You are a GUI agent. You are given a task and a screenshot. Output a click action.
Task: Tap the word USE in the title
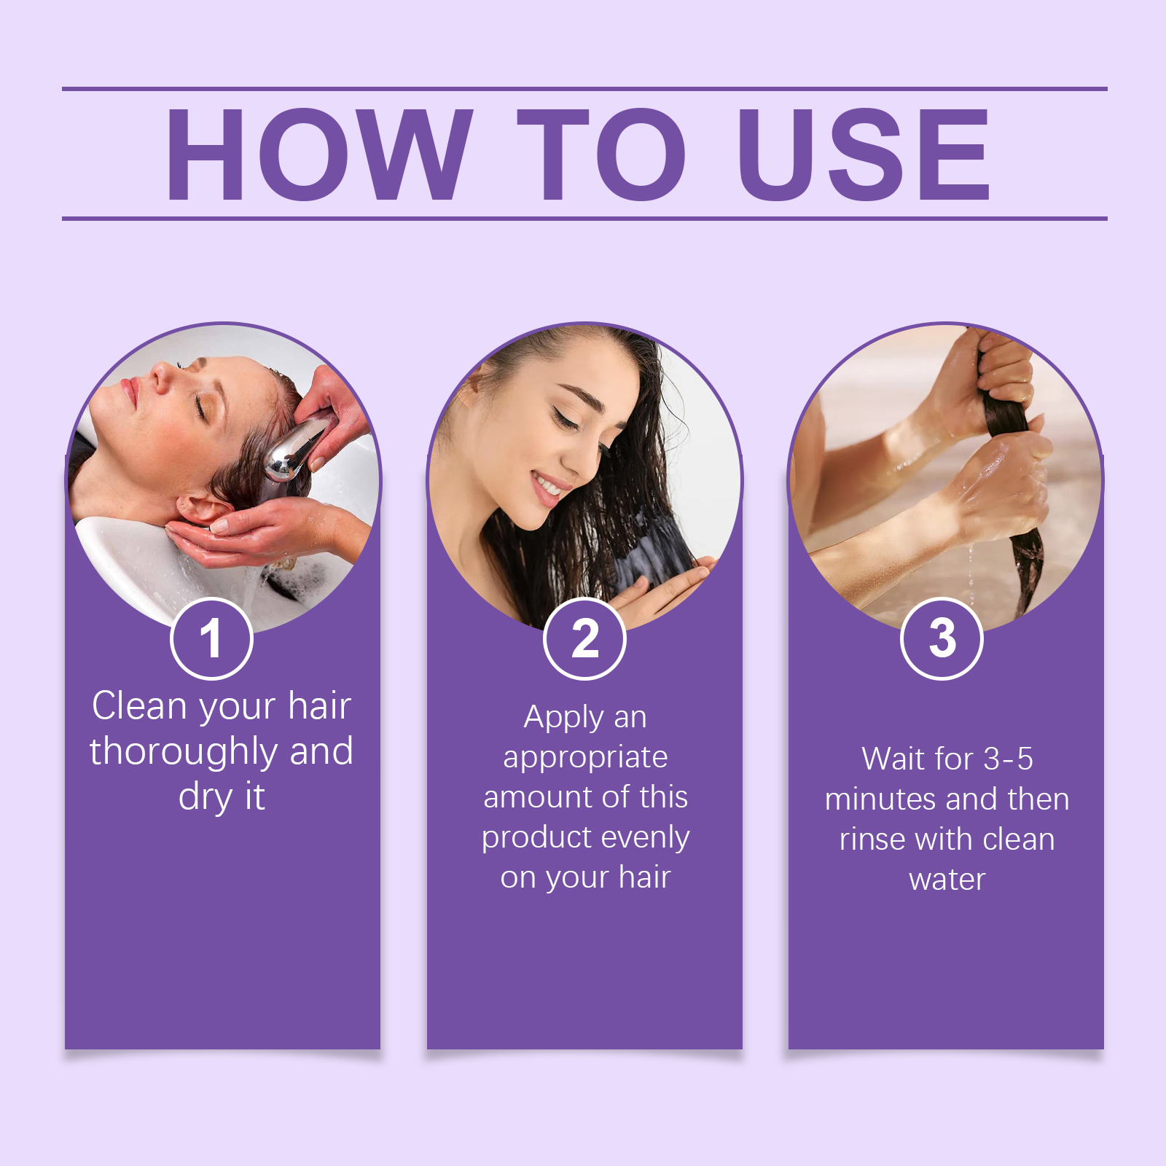click(x=864, y=154)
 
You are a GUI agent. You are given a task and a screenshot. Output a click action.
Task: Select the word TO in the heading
click(x=602, y=154)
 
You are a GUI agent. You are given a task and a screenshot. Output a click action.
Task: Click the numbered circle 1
click(x=211, y=638)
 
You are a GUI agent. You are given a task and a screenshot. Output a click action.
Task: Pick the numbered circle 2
click(x=584, y=638)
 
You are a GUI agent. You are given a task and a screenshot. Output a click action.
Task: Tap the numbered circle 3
click(x=942, y=638)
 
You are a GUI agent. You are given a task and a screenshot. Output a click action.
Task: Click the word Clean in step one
click(x=139, y=706)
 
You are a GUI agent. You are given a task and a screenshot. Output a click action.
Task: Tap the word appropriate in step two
click(x=585, y=758)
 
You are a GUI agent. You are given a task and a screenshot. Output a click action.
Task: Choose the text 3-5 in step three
click(x=1009, y=759)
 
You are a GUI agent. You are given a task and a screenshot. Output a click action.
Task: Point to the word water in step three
click(x=947, y=880)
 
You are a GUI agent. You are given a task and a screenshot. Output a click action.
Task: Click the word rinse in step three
click(x=872, y=840)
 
